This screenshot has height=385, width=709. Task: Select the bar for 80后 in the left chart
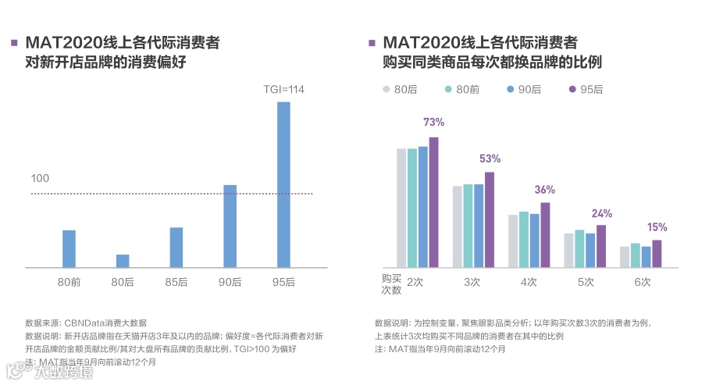tap(123, 261)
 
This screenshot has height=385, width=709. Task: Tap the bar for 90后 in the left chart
tap(230, 226)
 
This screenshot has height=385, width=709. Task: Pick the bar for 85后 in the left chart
tap(176, 248)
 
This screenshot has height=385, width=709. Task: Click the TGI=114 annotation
tap(283, 90)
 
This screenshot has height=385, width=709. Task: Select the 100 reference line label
tap(40, 179)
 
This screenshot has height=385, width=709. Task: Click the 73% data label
tap(433, 123)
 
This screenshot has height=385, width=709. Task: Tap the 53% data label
tap(490, 159)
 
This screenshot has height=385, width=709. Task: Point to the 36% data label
tap(544, 190)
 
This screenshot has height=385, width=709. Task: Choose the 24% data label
tap(601, 213)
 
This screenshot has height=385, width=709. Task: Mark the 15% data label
tap(657, 227)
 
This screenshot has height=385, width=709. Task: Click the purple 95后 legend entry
tap(586, 90)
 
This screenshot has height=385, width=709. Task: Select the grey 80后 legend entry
tap(399, 90)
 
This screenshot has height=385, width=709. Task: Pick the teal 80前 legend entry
tap(461, 90)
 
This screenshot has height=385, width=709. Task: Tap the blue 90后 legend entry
tap(523, 90)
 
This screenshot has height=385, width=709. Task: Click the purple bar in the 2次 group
tap(433, 202)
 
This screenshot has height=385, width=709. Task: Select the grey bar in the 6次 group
tap(624, 257)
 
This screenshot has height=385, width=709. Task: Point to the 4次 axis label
tap(529, 282)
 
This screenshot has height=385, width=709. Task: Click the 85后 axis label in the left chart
tap(176, 282)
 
